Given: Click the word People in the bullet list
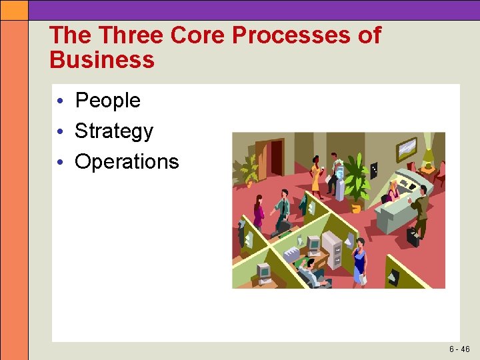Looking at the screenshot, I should click(107, 101).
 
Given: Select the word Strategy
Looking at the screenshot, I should click(114, 131).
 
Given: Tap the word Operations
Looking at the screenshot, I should click(127, 162).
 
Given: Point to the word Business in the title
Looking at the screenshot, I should click(102, 60).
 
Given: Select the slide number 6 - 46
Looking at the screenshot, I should click(459, 349).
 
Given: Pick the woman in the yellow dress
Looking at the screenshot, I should click(315, 177).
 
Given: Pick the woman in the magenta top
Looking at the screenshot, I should click(259, 213).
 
